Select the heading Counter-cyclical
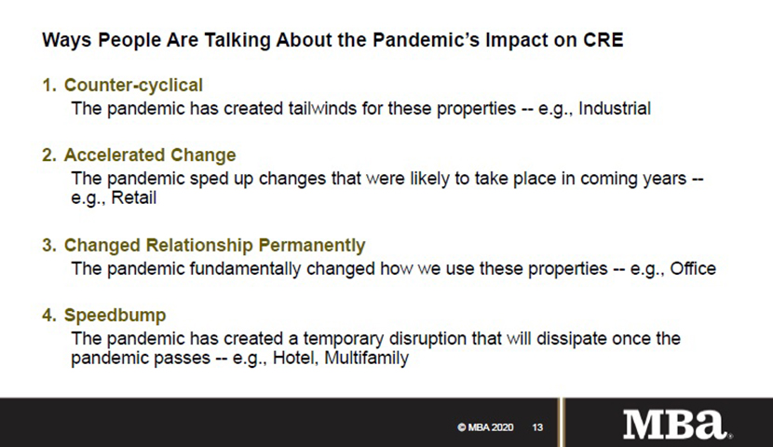pyautogui.click(x=133, y=86)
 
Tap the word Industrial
pyautogui.click(x=615, y=108)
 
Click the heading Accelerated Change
pyautogui.click(x=150, y=156)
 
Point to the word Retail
pyautogui.click(x=133, y=197)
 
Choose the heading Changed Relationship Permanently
pyautogui.click(x=214, y=246)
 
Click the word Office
pyautogui.click(x=693, y=268)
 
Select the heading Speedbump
pyautogui.click(x=115, y=316)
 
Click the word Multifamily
pyautogui.click(x=366, y=358)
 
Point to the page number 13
pyautogui.click(x=537, y=427)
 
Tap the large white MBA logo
pyautogui.click(x=676, y=424)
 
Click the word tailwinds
pyautogui.click(x=322, y=108)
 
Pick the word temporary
pyautogui.click(x=343, y=339)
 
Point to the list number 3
pyautogui.click(x=48, y=246)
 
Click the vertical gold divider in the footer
pyautogui.click(x=561, y=423)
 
